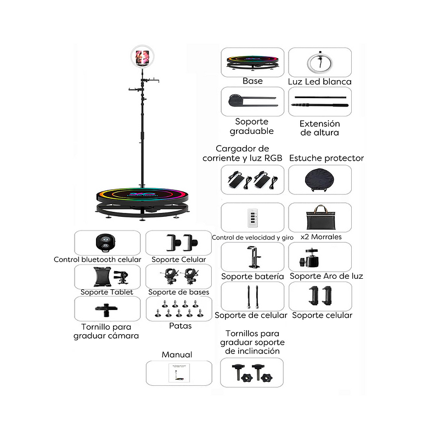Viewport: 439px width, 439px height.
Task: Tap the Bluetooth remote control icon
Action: pyautogui.click(x=105, y=242)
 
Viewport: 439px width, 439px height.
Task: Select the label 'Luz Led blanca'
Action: pyautogui.click(x=320, y=81)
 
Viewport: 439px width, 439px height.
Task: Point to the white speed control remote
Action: pyautogui.click(x=252, y=217)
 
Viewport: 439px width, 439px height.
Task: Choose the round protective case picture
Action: pyautogui.click(x=320, y=180)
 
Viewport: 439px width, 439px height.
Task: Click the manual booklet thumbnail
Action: pyautogui.click(x=179, y=373)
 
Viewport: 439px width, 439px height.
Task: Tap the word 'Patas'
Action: pyautogui.click(x=181, y=326)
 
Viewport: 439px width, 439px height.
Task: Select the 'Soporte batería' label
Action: pyautogui.click(x=252, y=277)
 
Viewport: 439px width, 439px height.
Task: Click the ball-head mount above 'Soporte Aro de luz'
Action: pyautogui.click(x=309, y=257)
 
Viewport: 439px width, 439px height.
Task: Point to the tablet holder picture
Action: pyautogui.click(x=111, y=277)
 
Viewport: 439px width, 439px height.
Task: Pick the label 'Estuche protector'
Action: pyautogui.click(x=327, y=158)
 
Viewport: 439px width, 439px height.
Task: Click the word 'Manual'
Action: pyautogui.click(x=177, y=354)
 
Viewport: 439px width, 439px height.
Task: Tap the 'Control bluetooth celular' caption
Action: pyautogui.click(x=98, y=260)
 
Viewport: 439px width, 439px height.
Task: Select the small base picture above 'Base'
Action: pyautogui.click(x=252, y=63)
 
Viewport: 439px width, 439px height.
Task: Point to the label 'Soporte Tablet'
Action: pyautogui.click(x=106, y=292)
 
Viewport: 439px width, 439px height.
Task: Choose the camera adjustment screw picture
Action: pyautogui.click(x=106, y=309)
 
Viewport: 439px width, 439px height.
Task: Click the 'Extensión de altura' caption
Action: pyautogui.click(x=320, y=128)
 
